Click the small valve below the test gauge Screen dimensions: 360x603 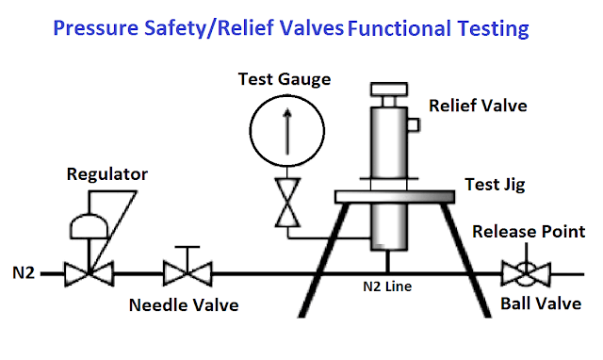click(x=284, y=203)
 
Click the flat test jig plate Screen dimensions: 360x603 click(x=397, y=195)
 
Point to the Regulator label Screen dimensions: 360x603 click(x=107, y=175)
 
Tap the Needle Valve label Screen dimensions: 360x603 click(x=185, y=305)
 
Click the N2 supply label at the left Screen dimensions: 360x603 click(x=24, y=274)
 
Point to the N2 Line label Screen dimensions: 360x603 click(x=389, y=283)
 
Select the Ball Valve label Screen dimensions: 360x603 click(x=540, y=303)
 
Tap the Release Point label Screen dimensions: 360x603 click(x=529, y=232)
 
